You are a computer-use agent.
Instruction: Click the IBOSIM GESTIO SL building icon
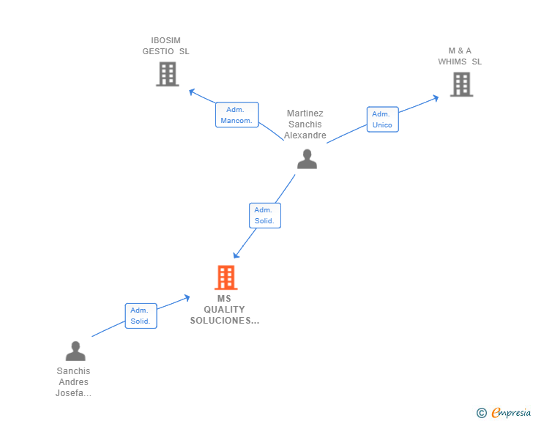(168, 74)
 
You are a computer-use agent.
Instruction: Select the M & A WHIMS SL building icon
(461, 85)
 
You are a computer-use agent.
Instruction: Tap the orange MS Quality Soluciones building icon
(225, 277)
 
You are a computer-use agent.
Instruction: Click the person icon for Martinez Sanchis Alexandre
(307, 159)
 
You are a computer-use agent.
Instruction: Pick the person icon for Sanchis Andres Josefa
(75, 351)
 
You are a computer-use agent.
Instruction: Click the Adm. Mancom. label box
(237, 115)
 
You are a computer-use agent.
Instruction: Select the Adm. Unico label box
(382, 119)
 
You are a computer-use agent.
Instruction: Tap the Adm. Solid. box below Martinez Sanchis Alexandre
(264, 215)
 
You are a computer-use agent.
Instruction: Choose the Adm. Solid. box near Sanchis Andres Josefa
(141, 316)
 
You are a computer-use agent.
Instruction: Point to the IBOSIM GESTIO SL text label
(165, 46)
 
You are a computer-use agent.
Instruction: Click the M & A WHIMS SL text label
(460, 56)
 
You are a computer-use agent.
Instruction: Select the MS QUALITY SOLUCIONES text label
(224, 310)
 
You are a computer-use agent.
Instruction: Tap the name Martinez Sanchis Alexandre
(305, 124)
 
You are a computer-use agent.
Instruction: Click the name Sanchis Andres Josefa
(73, 382)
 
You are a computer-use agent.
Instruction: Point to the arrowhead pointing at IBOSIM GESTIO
(191, 92)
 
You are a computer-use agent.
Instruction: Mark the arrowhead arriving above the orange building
(236, 256)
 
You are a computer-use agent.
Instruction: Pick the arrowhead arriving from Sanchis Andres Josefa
(187, 297)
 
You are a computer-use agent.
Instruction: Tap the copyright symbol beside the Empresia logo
(482, 413)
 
